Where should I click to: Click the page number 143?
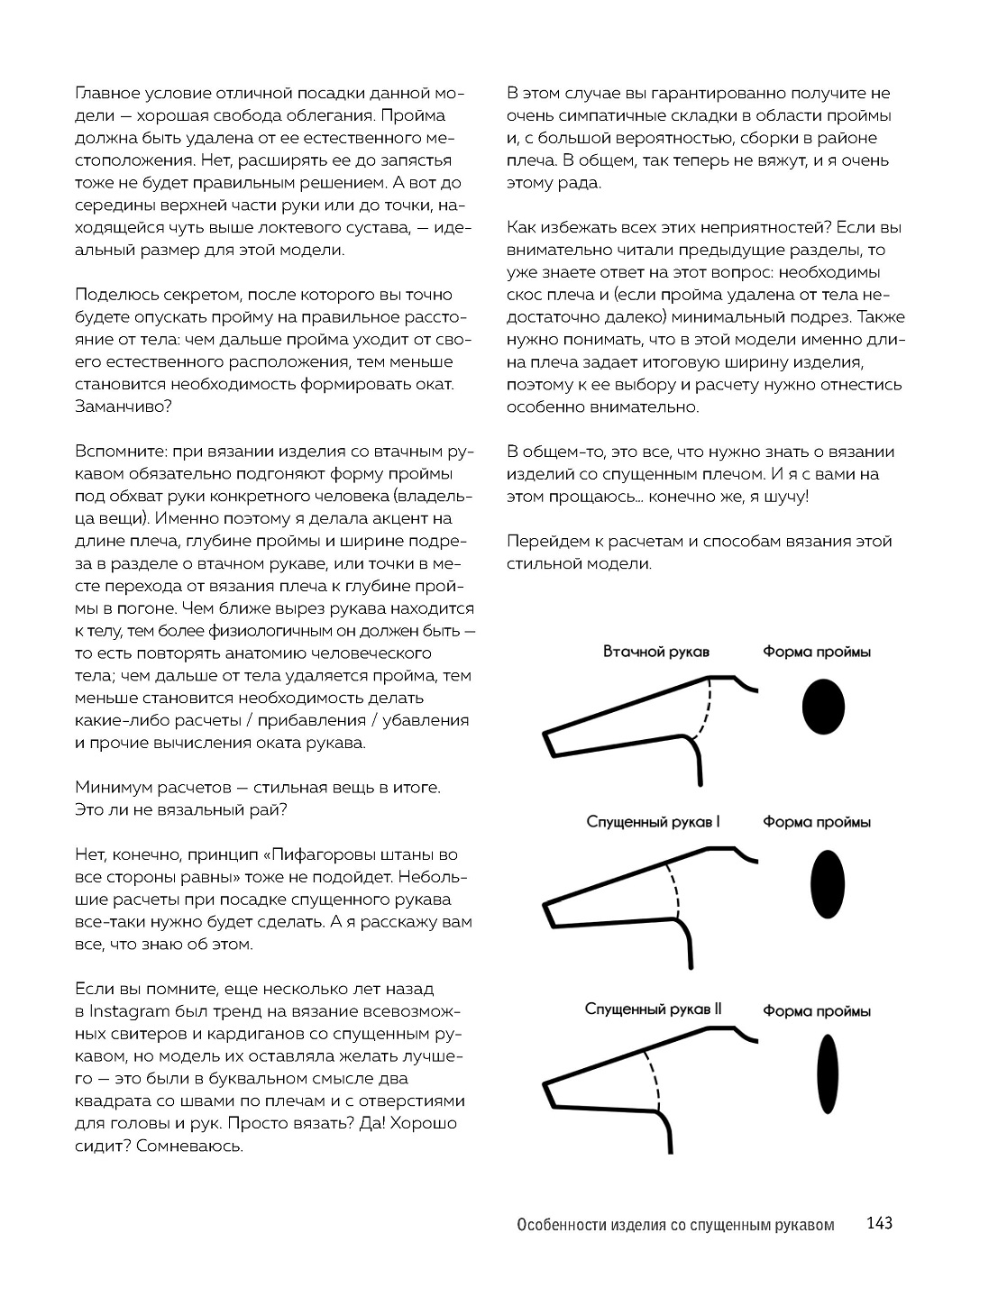tap(878, 1223)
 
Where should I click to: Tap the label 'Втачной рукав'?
tap(656, 652)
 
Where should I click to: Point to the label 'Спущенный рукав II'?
tap(653, 1009)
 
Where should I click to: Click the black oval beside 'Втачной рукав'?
tap(823, 706)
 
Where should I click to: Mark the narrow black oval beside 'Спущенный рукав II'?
tap(829, 1075)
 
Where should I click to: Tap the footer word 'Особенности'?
tap(559, 1225)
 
